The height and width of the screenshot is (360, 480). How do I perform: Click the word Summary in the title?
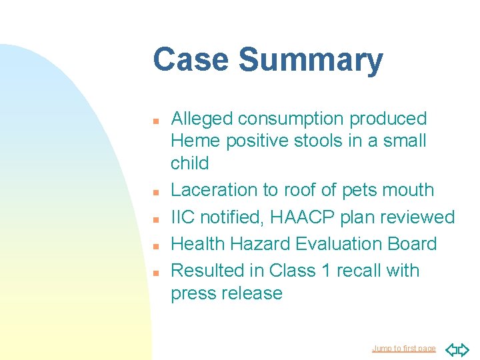tap(311, 60)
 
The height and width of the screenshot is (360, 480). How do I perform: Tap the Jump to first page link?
tap(403, 349)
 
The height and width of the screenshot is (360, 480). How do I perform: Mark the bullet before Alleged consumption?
tap(154, 121)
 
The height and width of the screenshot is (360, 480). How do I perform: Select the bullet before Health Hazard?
tap(154, 247)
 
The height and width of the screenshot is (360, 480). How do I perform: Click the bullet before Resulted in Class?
tap(154, 273)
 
